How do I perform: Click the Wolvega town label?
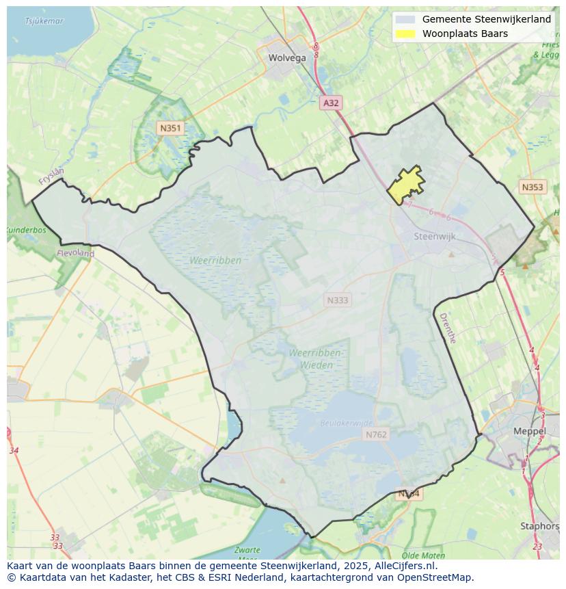287,58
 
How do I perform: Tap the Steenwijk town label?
435,237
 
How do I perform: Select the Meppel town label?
530,432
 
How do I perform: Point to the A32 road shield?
331,103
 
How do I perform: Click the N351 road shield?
170,128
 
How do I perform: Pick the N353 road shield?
533,187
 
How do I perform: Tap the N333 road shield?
338,300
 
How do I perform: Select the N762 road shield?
376,434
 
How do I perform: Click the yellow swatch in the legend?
405,34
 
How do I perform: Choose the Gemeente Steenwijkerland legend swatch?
405,19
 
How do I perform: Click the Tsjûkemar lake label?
44,21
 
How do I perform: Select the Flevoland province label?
76,253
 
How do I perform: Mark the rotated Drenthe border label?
447,328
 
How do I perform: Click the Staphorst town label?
540,526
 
